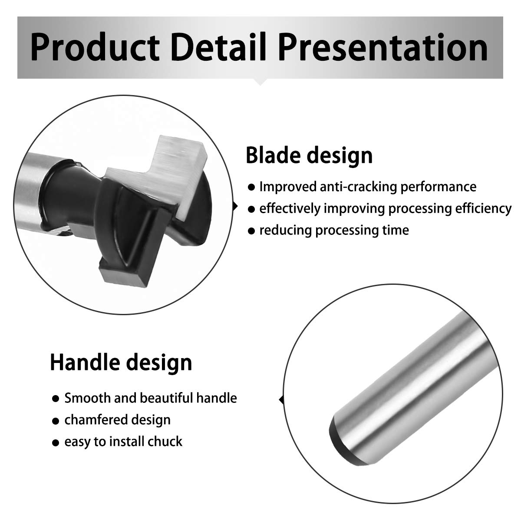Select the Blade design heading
[x=309, y=155]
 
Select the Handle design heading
[x=121, y=363]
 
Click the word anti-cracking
[x=358, y=187]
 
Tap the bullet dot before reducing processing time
[x=251, y=231]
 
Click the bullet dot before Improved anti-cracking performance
[x=251, y=188]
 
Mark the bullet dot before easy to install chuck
[x=56, y=442]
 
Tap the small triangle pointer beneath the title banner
[x=260, y=82]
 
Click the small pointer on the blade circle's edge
[x=235, y=207]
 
